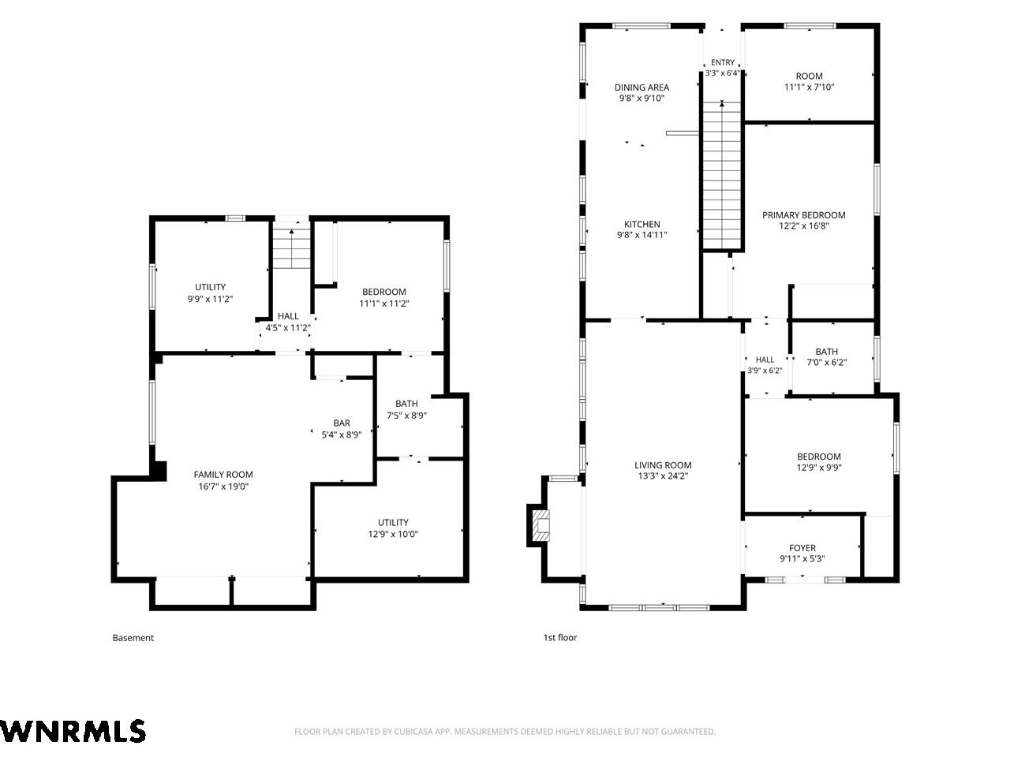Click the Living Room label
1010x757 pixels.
coord(663,465)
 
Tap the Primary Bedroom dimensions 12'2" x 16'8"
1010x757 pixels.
coord(803,226)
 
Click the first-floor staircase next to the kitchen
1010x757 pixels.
coord(722,175)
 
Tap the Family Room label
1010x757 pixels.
coord(223,475)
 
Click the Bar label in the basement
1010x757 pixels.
coord(342,423)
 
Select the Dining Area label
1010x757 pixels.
coord(642,88)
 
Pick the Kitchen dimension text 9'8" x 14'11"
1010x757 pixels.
coord(642,235)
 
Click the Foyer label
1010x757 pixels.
coord(802,548)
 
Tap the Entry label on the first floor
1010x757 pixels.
coord(723,62)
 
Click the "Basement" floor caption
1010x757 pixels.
coord(133,637)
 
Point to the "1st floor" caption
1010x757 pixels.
coord(559,637)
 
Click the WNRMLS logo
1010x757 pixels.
coord(73,730)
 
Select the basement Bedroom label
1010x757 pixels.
coord(383,292)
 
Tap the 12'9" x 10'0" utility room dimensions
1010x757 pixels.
coord(393,534)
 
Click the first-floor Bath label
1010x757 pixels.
coord(826,352)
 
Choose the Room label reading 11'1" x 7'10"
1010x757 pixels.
coord(809,76)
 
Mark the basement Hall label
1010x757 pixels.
coord(288,316)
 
